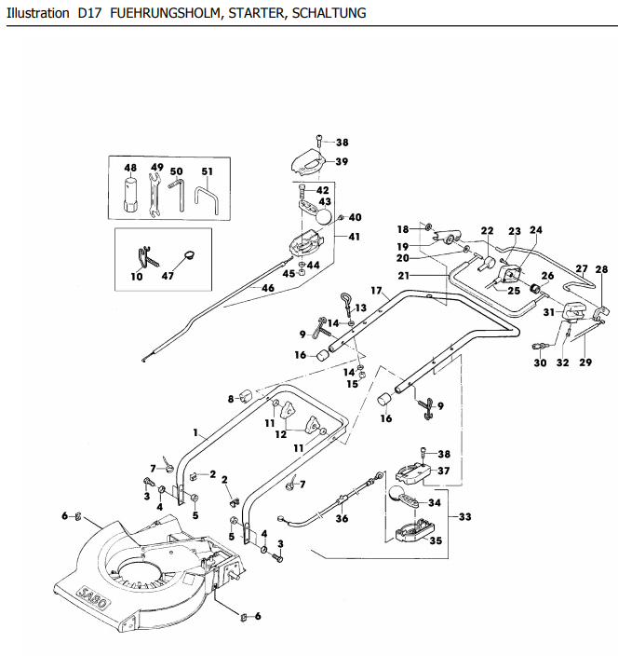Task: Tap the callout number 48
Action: [130, 168]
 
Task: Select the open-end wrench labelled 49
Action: [154, 196]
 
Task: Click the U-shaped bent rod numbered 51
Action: [207, 200]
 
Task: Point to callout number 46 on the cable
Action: [268, 288]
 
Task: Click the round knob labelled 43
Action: [323, 216]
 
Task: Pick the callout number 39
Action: [342, 161]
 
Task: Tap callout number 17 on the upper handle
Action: [377, 291]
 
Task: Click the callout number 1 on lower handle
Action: [195, 432]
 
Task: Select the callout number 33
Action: [465, 516]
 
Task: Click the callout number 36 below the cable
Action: [342, 518]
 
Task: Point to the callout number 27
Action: [582, 268]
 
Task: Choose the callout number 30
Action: [540, 362]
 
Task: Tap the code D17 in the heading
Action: [89, 13]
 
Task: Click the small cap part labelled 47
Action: [190, 254]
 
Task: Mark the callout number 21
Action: [404, 275]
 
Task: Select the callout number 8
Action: [231, 399]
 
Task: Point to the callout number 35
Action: [436, 540]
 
